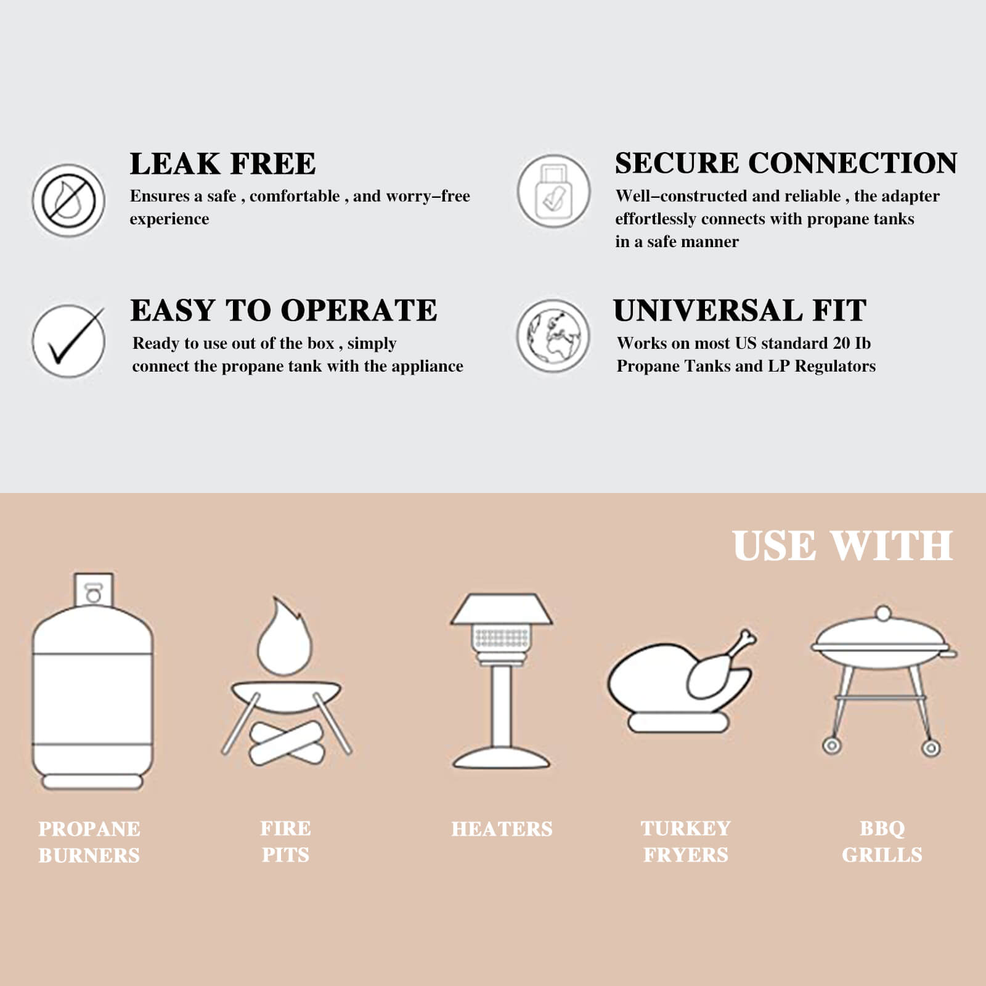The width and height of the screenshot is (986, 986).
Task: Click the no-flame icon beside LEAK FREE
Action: tap(68, 200)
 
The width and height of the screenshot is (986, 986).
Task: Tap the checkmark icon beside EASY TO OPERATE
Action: tap(69, 341)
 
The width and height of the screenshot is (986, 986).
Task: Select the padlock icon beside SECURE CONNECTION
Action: tap(553, 191)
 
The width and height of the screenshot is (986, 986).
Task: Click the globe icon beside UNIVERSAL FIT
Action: tap(553, 336)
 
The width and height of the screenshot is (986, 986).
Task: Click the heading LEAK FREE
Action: tap(222, 164)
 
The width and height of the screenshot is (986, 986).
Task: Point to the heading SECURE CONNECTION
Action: tap(786, 163)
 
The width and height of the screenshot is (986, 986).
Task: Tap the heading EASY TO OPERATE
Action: tap(283, 310)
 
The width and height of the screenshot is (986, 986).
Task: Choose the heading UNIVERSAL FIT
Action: tap(739, 310)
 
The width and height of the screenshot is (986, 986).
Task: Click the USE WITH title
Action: tap(842, 546)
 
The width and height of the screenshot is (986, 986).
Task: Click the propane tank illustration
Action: tap(92, 684)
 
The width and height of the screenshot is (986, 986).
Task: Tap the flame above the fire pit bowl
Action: tap(284, 638)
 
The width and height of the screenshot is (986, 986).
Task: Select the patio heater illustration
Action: tap(502, 681)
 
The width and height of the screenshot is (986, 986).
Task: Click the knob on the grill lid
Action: tap(883, 614)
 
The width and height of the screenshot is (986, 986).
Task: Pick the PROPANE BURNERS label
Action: tap(89, 842)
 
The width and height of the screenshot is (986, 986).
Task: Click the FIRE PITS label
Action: tap(285, 841)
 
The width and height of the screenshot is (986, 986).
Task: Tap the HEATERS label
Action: tap(502, 829)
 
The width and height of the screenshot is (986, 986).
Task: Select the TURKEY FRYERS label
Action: tap(685, 841)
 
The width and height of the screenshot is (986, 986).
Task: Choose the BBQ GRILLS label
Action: tap(882, 841)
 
